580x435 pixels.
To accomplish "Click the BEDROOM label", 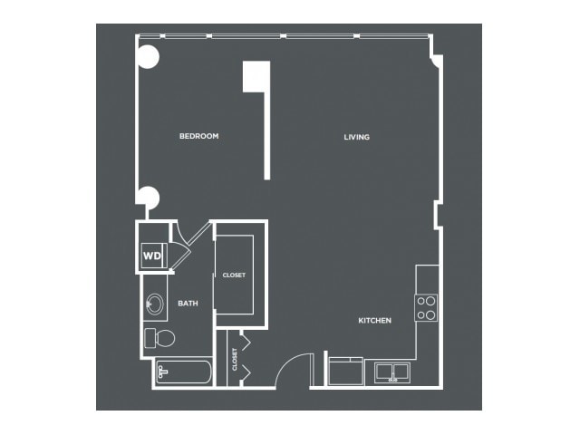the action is click(x=199, y=136).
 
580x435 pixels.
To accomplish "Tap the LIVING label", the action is click(x=356, y=137).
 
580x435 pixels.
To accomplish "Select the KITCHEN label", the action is click(x=374, y=320).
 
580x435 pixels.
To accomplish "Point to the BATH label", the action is click(x=188, y=304).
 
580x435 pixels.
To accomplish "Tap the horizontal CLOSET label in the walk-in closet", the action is click(x=234, y=275).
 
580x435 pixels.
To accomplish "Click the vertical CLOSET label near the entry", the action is click(x=235, y=359).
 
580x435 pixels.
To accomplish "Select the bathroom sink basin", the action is click(x=155, y=304).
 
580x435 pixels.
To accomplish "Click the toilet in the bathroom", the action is click(x=159, y=338).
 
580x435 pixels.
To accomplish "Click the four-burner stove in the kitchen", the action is click(x=426, y=308).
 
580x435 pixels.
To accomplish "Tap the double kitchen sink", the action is click(x=392, y=372).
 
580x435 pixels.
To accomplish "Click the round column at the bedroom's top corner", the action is click(x=148, y=57).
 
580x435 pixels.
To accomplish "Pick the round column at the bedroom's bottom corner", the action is click(x=148, y=198).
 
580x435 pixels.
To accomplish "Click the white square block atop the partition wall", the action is click(x=256, y=76).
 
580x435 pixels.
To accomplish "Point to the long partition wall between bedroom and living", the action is click(x=267, y=136).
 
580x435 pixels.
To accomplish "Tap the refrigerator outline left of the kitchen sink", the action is click(x=346, y=372).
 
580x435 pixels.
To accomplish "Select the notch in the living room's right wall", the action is click(x=438, y=216).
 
